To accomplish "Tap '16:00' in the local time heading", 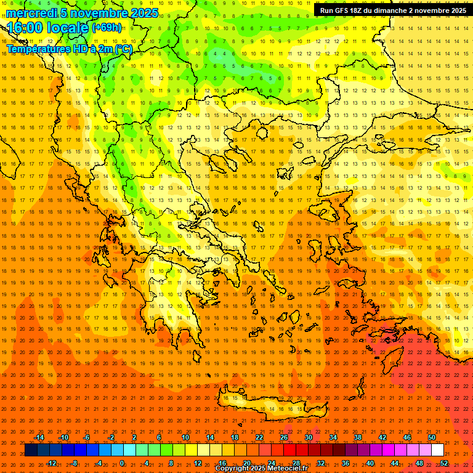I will pos(26,28).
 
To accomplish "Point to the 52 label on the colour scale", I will pos(444,463).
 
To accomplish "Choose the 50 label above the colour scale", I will pos(432,437).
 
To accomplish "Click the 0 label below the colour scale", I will pos(122,463).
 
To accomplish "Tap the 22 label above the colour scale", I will pos(259,437).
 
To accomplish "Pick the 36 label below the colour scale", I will pos(346,463).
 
